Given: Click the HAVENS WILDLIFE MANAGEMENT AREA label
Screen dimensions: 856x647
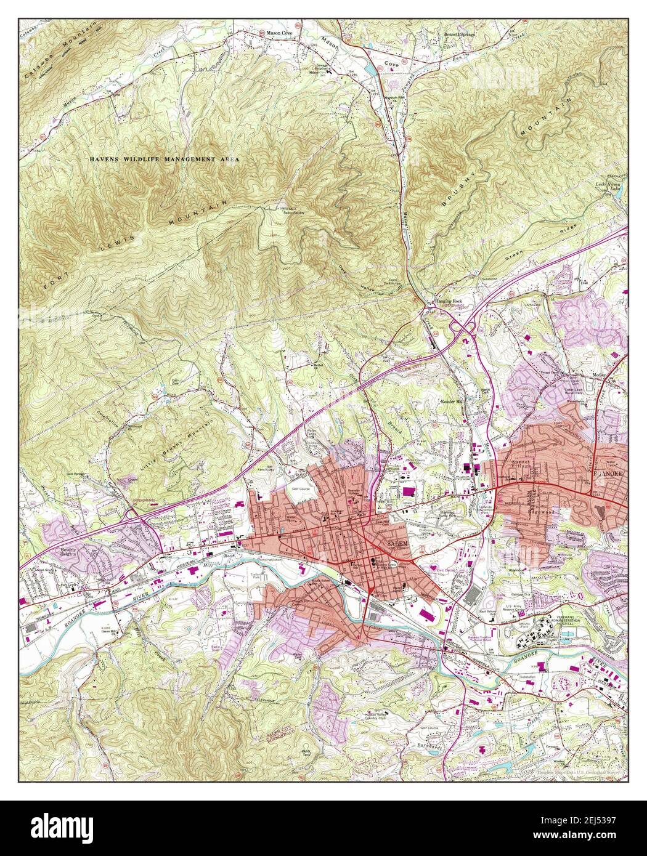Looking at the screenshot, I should [x=164, y=159].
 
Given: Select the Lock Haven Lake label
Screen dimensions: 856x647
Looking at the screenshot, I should [x=616, y=188].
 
